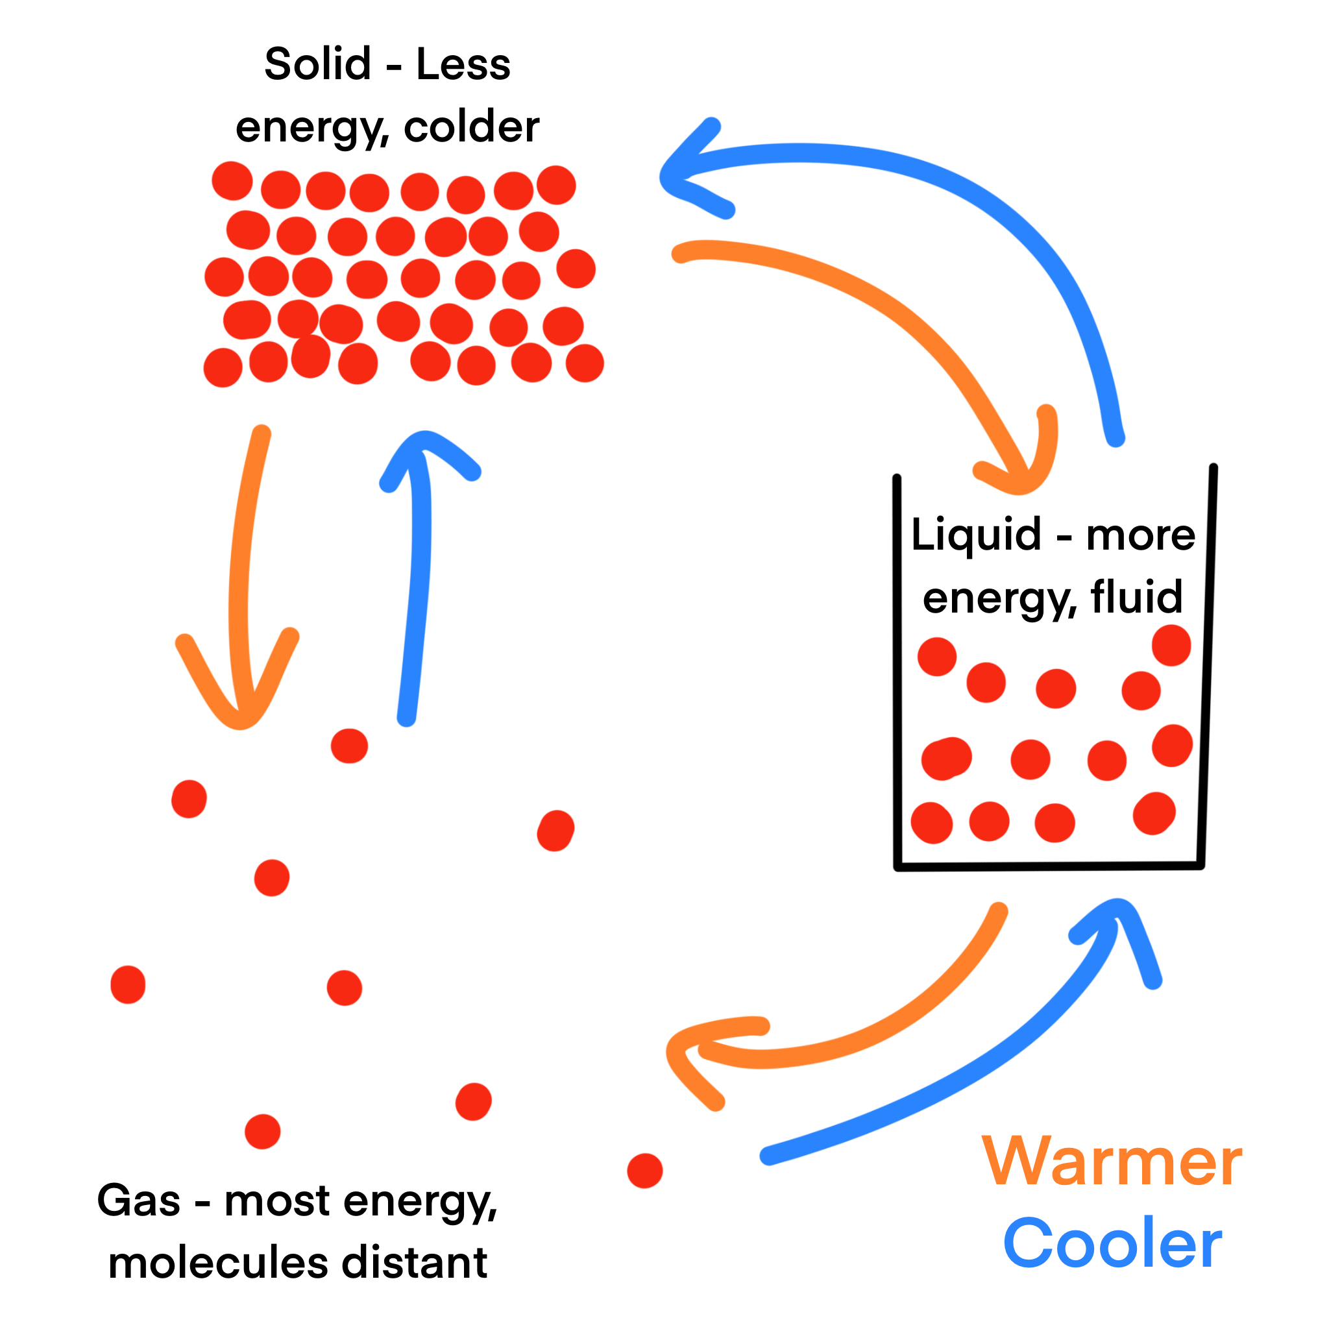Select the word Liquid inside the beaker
pos(975,535)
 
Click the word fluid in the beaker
pos(1136,596)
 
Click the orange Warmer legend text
pos(1112,1162)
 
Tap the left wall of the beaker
pos(897,674)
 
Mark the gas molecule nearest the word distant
pos(472,1102)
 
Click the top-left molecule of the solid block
pos(232,181)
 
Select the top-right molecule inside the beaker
pos(1171,645)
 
